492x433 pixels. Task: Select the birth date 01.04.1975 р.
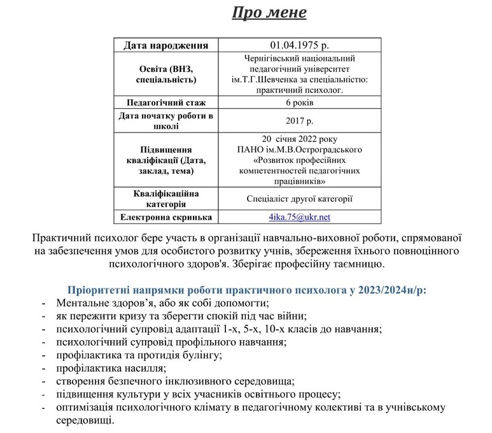[x=300, y=45]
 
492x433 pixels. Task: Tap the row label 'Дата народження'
[x=166, y=45]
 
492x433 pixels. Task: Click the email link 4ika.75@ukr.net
[x=299, y=216]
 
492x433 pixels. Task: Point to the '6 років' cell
[x=300, y=102]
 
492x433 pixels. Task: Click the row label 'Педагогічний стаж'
[x=166, y=102]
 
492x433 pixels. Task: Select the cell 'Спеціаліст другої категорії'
[x=300, y=198]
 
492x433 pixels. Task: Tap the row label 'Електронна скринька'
[x=166, y=217]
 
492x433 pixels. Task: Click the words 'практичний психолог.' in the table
[x=300, y=90]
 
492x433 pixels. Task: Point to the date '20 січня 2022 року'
[x=300, y=138]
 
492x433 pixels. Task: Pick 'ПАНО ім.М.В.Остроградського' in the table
[x=300, y=149]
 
